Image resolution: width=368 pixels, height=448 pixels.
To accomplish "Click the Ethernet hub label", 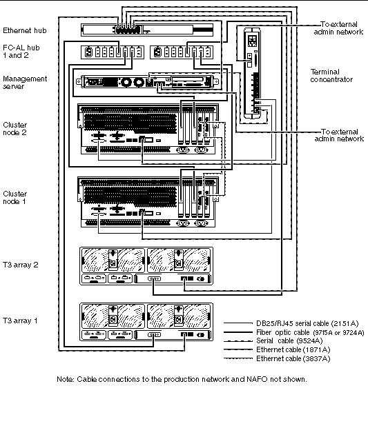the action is [25, 30].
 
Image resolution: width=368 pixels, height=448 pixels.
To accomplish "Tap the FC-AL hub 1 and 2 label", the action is [21, 52].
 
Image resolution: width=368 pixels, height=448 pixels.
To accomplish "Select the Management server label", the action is [25, 82].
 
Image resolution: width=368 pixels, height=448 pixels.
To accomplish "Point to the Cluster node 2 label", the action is [15, 129].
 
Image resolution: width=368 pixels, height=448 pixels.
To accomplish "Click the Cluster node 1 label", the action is [15, 197].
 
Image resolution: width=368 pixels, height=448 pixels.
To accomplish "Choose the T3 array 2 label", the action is [20, 265].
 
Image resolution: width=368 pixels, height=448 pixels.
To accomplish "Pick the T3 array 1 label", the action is [20, 320].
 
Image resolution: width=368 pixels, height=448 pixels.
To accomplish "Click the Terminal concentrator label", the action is [331, 76].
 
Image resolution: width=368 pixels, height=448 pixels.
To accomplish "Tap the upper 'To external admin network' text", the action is [338, 28].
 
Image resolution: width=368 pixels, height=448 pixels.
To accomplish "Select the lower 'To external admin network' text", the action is [339, 135].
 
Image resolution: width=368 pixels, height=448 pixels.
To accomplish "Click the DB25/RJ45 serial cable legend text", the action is [307, 323].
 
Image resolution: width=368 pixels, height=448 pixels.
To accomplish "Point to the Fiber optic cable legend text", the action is [310, 333].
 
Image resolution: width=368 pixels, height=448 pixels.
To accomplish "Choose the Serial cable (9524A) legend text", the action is [289, 341].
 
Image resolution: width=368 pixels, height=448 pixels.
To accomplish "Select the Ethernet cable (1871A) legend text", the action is [293, 349].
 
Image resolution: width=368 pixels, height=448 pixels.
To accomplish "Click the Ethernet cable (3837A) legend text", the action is [293, 358].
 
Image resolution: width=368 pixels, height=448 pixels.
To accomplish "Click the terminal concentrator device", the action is [252, 73].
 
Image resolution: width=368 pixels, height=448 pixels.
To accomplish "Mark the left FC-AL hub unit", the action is [112, 52].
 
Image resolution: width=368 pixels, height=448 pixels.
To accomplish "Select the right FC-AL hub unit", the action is [182, 52].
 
